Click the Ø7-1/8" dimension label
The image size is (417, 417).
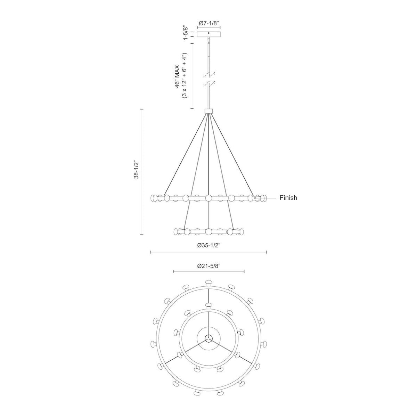208,23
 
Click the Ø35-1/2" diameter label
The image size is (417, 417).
208,245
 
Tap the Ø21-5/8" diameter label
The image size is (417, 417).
208,266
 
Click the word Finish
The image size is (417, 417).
288,198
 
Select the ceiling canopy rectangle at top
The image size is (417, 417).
208,34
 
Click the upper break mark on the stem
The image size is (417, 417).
209,75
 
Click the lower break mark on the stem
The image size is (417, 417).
209,83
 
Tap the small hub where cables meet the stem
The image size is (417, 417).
208,111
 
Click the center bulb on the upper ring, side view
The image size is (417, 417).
208,198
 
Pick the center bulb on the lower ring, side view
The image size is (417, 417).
208,231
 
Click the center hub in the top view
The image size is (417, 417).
208,337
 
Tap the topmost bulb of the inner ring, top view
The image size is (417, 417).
208,305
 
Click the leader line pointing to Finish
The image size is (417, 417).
268,198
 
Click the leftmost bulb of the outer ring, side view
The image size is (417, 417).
154,198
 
